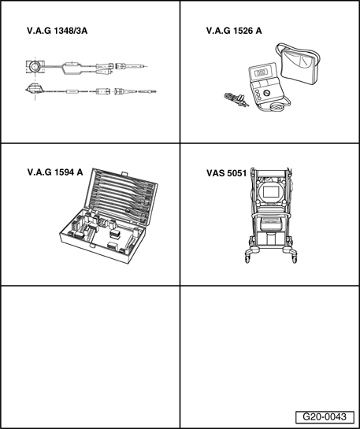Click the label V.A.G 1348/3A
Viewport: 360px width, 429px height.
pos(58,31)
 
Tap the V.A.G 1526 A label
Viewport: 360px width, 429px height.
pos(234,31)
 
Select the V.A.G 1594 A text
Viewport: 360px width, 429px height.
pos(55,172)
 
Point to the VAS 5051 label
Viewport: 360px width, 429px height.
pos(226,173)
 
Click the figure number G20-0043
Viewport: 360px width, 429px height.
pos(325,417)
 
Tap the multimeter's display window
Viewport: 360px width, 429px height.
pos(261,72)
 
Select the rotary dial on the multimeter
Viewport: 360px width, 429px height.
pos(266,93)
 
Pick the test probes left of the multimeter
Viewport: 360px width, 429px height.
pos(236,100)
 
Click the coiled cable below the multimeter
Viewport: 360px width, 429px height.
pos(276,107)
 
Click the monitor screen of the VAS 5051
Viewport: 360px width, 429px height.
pos(271,192)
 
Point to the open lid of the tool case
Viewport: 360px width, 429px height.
pos(121,197)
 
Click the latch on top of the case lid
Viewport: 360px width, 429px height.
pos(124,174)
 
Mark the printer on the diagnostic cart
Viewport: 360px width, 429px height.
pos(271,224)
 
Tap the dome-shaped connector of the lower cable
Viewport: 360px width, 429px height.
pos(34,88)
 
